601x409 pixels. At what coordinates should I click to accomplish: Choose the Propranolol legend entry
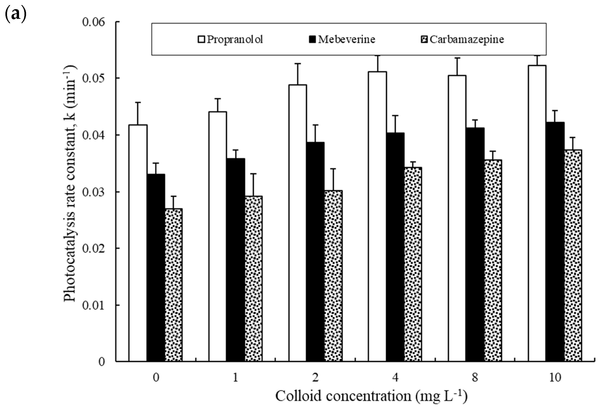(x=230, y=39)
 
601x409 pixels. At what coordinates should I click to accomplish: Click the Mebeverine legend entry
(x=342, y=39)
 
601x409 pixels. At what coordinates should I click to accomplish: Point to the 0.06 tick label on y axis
(x=94, y=22)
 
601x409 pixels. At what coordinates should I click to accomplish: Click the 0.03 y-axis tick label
(x=94, y=192)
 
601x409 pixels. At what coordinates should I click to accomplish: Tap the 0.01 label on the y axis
(x=94, y=305)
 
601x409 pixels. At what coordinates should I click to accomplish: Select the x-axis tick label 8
(x=475, y=378)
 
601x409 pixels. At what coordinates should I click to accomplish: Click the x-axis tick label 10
(x=555, y=378)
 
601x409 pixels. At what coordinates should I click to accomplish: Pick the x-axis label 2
(x=315, y=378)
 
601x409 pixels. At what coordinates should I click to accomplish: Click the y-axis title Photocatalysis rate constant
(x=70, y=184)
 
